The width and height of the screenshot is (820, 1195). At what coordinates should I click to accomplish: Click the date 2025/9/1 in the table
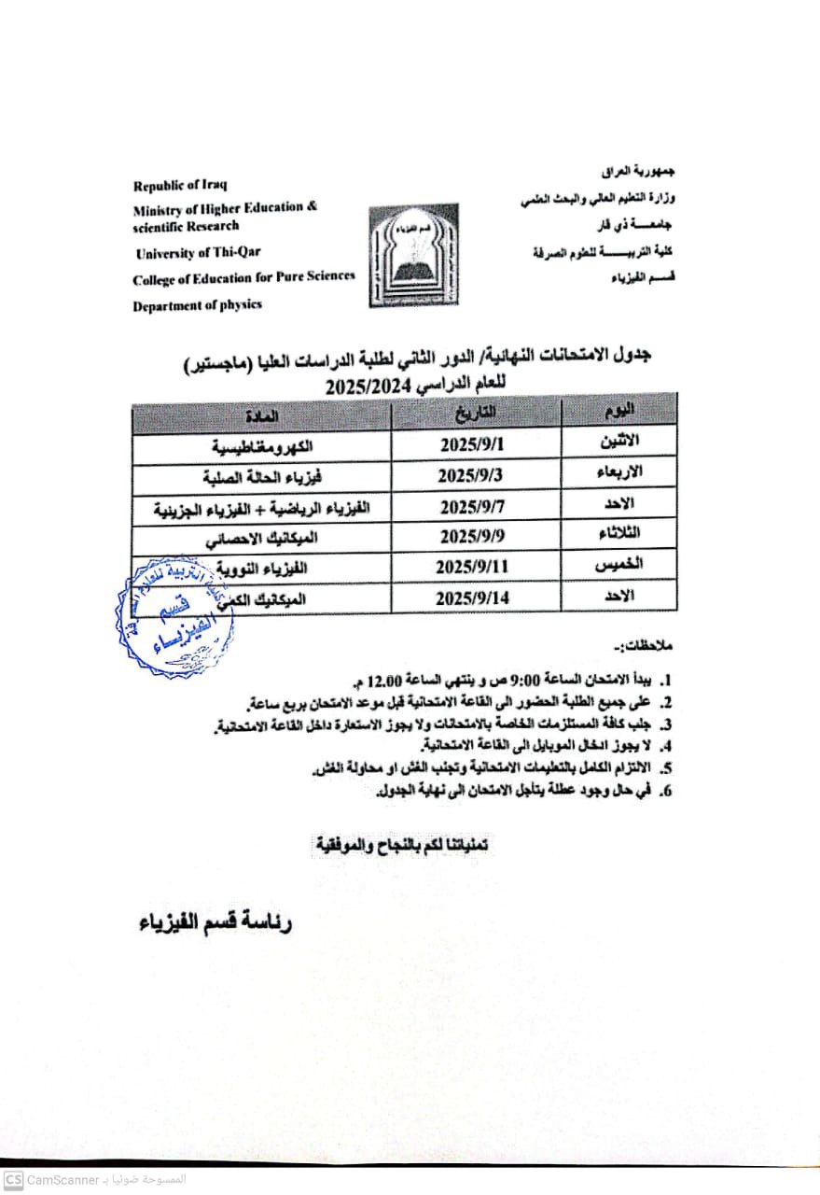click(476, 445)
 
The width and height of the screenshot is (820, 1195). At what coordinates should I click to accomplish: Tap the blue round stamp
click(174, 617)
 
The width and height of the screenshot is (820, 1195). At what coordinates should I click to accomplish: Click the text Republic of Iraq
click(180, 185)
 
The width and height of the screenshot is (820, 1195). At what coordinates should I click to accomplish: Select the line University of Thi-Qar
click(200, 253)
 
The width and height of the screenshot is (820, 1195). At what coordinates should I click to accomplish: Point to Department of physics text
click(197, 304)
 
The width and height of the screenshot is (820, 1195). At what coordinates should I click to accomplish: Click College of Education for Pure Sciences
click(243, 277)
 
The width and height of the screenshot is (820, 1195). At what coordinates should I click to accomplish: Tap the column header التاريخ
click(476, 413)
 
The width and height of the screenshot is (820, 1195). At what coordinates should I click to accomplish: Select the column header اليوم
click(618, 411)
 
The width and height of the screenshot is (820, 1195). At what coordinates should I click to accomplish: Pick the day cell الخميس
click(617, 565)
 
